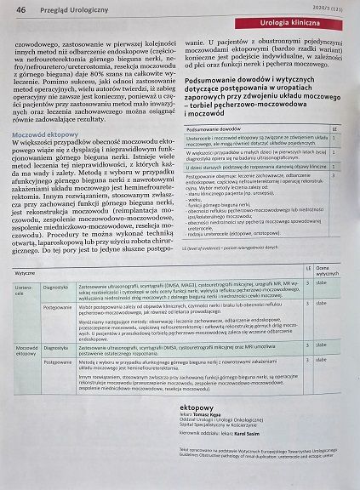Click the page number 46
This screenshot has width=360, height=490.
tap(20, 9)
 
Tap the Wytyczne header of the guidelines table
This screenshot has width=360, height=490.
tap(26, 296)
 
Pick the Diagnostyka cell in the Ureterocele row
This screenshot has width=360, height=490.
tap(56, 311)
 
